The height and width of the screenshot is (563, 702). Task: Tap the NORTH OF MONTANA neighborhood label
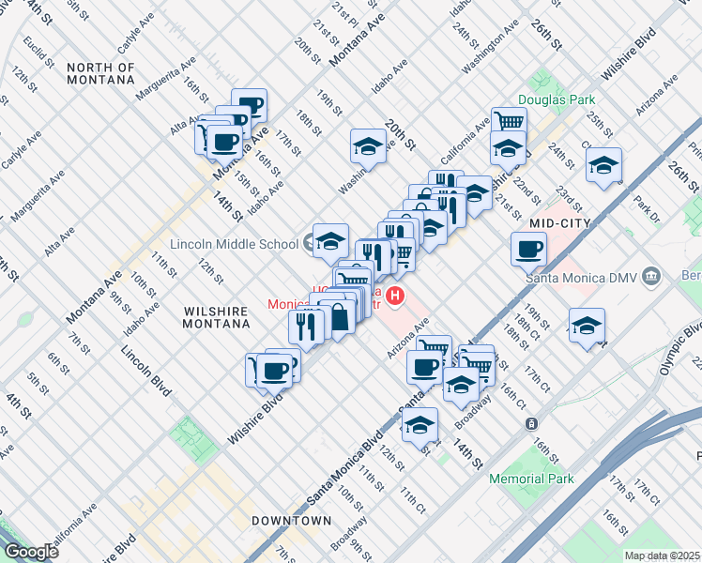(101, 73)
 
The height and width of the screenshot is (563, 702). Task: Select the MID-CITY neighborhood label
(557, 222)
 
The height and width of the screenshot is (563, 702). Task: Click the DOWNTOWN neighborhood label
(291, 520)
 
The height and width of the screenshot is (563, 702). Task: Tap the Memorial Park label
(531, 479)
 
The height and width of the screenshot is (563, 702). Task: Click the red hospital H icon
(396, 297)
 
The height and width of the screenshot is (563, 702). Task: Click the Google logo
(31, 551)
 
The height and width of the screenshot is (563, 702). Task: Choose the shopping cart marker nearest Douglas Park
(509, 121)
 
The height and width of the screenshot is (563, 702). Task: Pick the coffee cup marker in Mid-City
(528, 250)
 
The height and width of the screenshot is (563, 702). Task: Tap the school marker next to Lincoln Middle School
(330, 240)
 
